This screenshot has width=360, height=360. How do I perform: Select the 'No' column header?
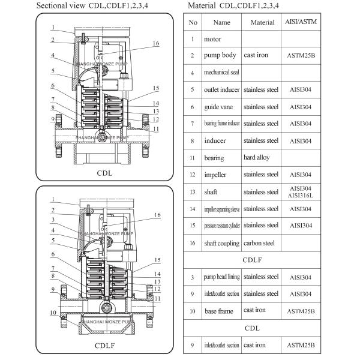(x=193, y=22)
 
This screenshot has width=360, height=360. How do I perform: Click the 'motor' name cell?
(x=213, y=39)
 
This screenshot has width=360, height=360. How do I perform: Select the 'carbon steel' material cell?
(x=260, y=243)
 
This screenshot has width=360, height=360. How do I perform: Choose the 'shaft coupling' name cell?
(x=221, y=243)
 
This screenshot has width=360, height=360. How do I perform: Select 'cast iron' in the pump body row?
(x=256, y=55)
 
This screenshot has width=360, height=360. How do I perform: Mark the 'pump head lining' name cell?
(x=221, y=277)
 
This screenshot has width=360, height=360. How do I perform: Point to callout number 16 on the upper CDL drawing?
(x=156, y=44)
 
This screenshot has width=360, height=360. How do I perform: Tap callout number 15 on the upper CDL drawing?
(x=156, y=88)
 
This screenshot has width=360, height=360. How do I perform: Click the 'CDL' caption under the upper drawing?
(x=104, y=173)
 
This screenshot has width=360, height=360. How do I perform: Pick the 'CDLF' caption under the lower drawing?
(x=104, y=347)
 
